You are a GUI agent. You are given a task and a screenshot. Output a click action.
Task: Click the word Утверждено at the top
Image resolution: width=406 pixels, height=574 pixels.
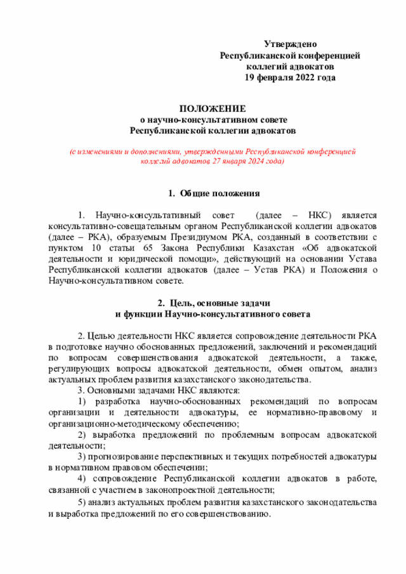[290, 45]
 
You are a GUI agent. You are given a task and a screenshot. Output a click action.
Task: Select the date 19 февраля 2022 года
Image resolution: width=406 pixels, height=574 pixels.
[290, 77]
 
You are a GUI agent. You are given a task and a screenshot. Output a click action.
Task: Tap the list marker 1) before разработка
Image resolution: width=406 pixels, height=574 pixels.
[82, 401]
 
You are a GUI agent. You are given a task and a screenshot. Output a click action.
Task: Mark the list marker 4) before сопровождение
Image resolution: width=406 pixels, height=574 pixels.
[82, 478]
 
